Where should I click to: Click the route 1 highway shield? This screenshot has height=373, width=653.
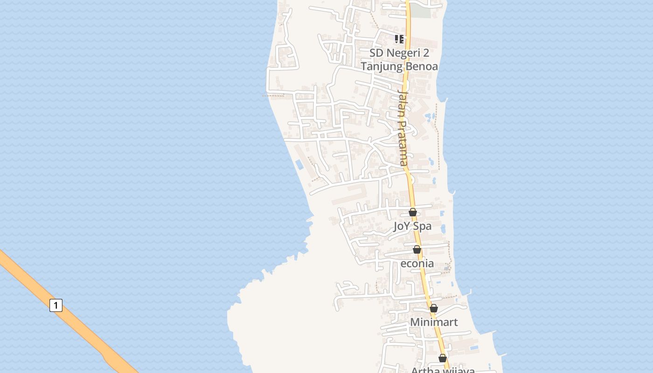(56, 306)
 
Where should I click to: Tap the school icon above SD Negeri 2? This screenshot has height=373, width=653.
(399, 39)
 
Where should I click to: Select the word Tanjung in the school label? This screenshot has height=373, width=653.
(381, 66)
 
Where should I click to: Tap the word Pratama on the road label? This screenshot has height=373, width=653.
(403, 144)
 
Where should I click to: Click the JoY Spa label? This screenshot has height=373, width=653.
(412, 227)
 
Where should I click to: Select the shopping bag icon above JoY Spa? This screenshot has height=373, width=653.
(413, 213)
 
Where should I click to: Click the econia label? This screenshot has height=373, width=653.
(417, 263)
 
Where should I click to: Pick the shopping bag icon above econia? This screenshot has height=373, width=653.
(417, 250)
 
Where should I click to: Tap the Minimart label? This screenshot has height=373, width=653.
(434, 322)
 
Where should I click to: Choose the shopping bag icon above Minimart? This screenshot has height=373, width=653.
(434, 308)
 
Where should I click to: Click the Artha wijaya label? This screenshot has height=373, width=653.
(443, 370)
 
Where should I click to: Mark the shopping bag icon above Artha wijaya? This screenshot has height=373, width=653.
(443, 358)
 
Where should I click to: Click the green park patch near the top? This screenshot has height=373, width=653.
(421, 11)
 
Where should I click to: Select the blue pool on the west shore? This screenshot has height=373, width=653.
(299, 165)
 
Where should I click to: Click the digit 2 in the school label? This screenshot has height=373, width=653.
(425, 53)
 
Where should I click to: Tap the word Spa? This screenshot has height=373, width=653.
(422, 227)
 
